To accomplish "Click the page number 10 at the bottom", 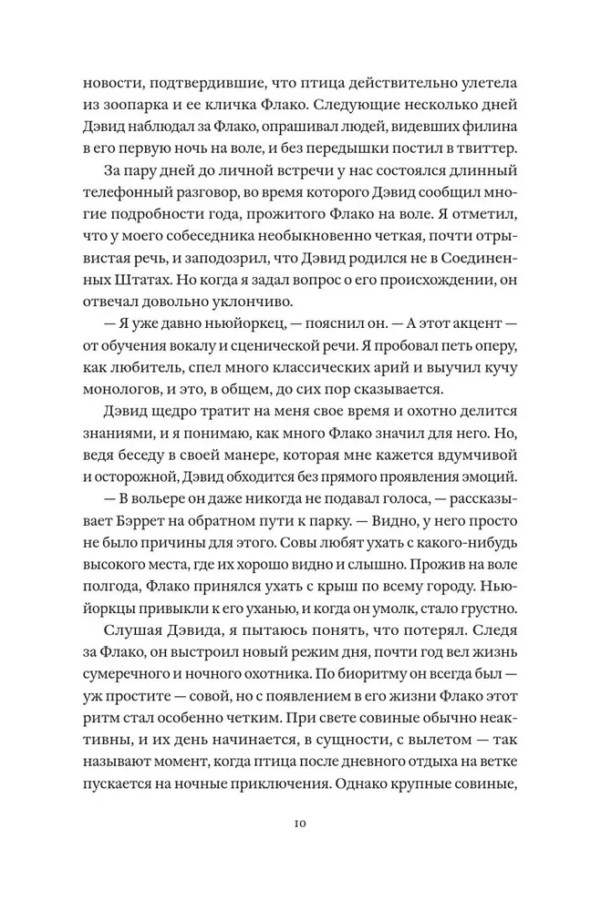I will click(x=300, y=824).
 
